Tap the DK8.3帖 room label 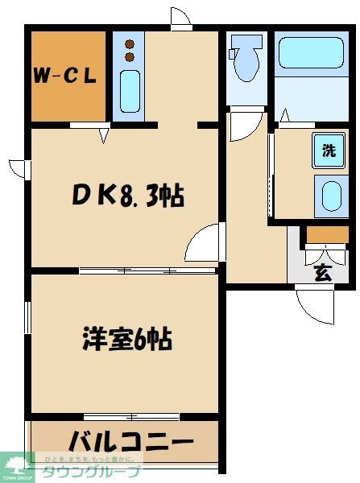(128, 194)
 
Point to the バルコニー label (130, 443)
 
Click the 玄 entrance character (321, 273)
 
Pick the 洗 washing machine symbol (329, 151)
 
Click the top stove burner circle (129, 43)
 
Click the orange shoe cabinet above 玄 (327, 235)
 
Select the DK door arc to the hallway (201, 242)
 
